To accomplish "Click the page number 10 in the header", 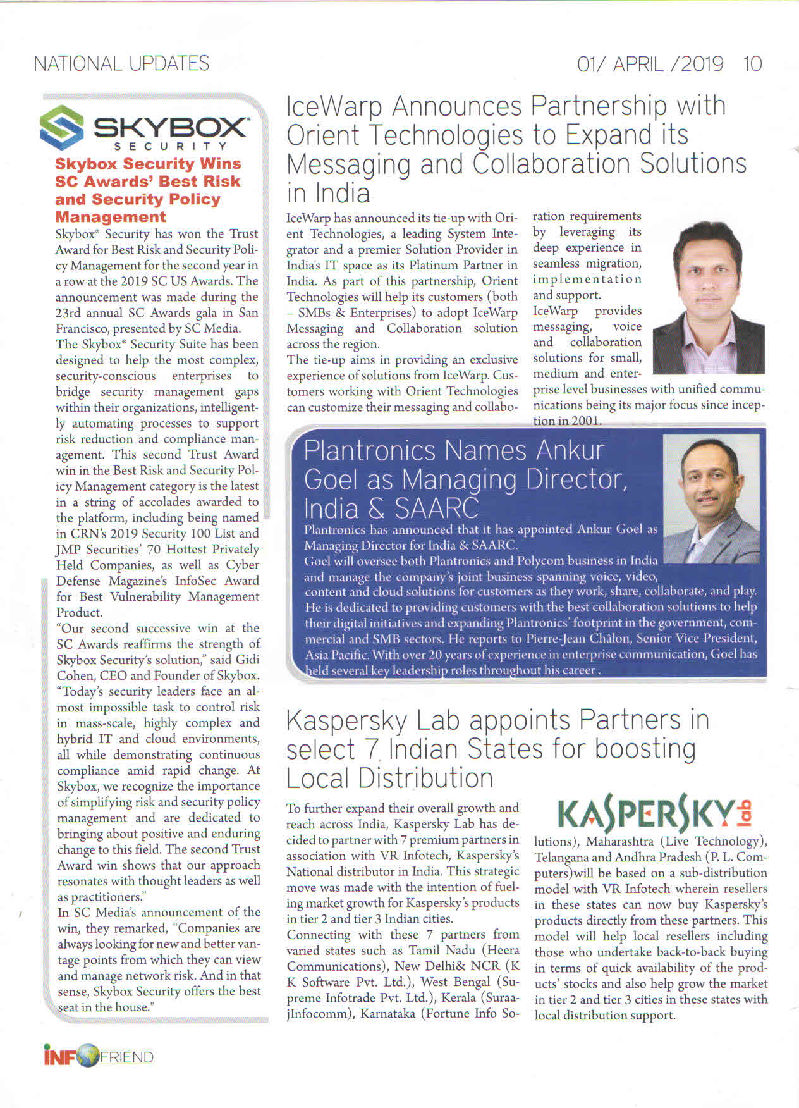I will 752,64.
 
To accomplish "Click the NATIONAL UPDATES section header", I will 121,63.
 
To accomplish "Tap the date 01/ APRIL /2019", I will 650,64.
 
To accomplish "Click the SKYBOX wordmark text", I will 170,128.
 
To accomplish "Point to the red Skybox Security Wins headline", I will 148,190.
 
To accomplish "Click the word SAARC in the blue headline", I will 436,508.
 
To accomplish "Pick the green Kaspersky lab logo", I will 656,814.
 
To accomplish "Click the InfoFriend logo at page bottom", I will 99,1057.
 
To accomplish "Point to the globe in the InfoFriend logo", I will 88,1057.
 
